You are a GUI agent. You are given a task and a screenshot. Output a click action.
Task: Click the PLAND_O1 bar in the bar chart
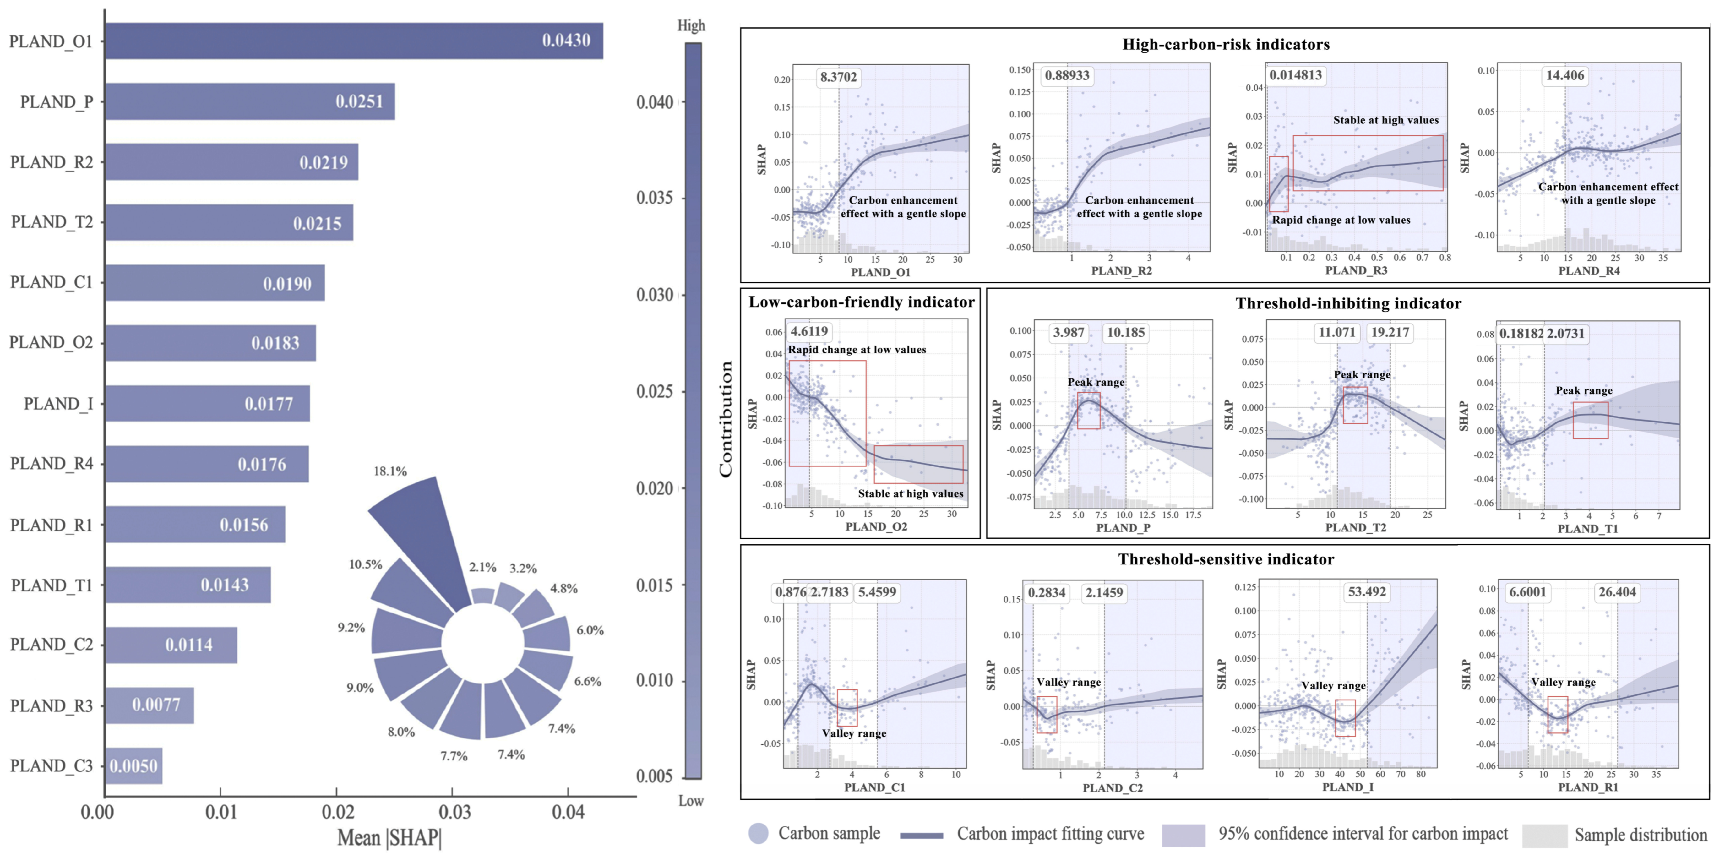coord(354,41)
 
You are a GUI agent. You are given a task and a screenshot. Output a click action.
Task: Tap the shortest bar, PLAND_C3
coord(134,766)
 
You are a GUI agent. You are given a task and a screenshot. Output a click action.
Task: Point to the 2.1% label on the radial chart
coord(482,567)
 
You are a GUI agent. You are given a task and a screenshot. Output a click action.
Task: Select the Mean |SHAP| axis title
coord(389,837)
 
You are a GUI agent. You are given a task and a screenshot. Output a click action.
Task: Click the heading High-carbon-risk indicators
coord(1226,45)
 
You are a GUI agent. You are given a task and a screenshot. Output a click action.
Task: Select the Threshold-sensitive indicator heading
coord(1226,559)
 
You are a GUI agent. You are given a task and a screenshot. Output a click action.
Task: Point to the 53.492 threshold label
coord(1367,591)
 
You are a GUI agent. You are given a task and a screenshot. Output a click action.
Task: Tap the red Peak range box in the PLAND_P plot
coord(1089,411)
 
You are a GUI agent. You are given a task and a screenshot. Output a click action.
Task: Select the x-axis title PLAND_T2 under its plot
coord(1355,528)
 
